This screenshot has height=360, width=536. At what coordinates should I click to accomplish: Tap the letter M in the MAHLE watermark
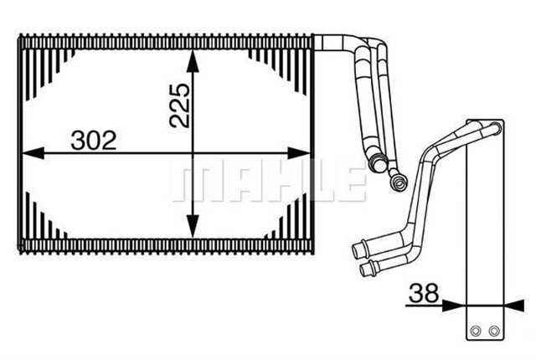tap(193, 183)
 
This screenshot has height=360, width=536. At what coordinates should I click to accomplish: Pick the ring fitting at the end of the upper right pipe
tap(399, 177)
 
